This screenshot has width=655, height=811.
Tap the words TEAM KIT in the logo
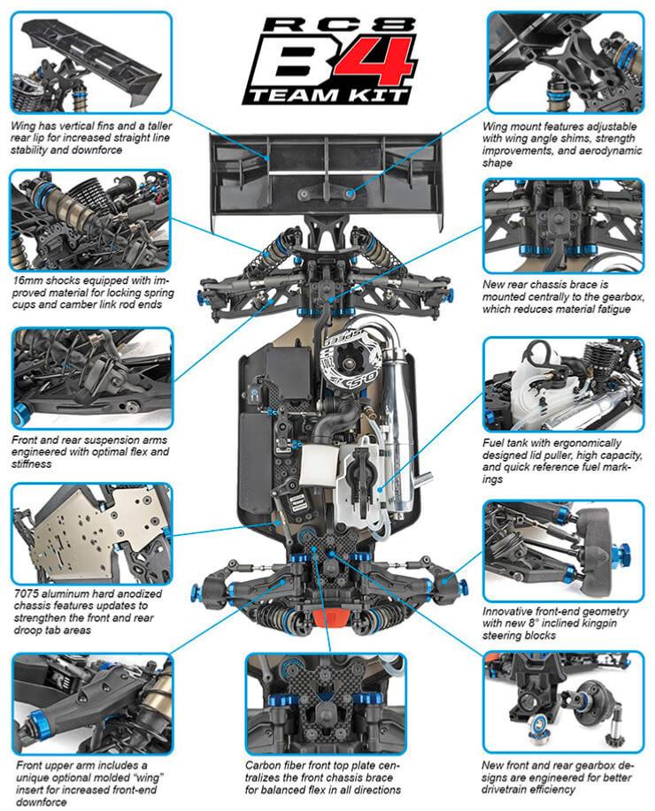coord(327,96)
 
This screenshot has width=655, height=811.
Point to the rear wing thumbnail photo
coord(89,61)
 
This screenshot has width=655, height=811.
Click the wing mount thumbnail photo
coord(565,61)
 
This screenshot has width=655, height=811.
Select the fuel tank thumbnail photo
coord(565,384)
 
